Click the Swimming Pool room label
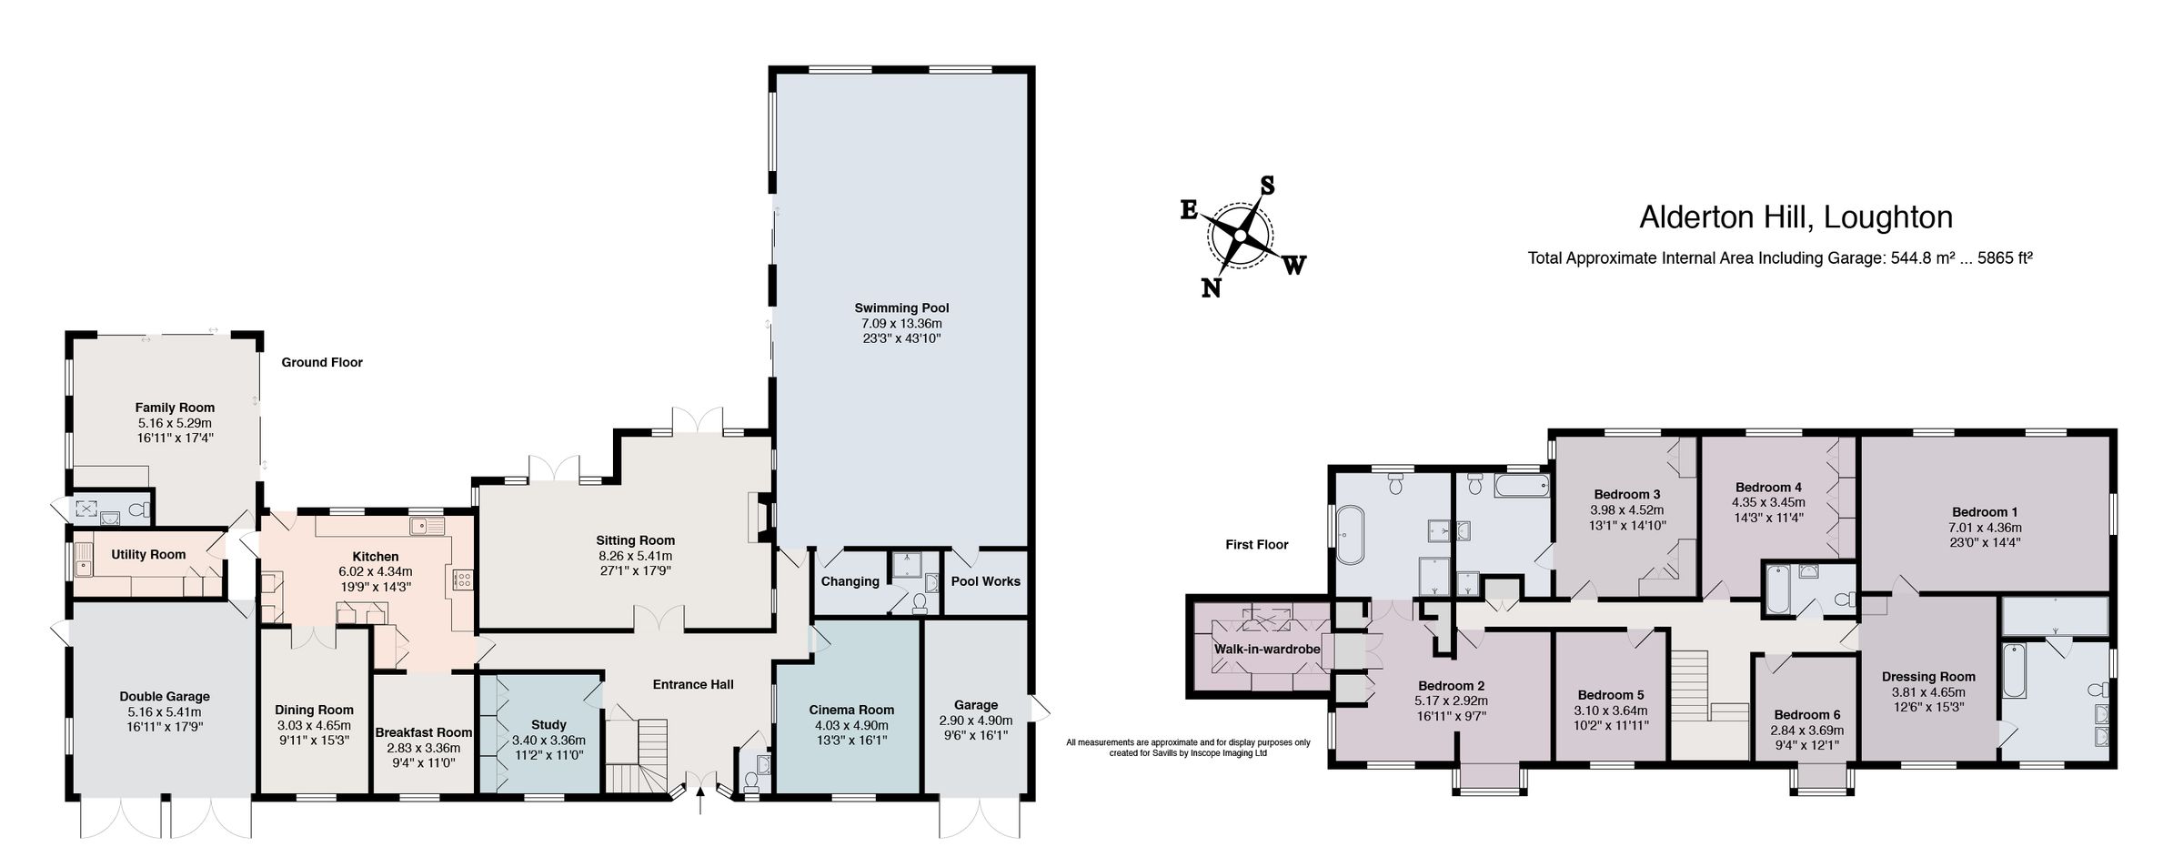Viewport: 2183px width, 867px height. [x=900, y=307]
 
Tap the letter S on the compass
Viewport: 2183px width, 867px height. [x=1266, y=187]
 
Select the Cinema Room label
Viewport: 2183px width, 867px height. [x=850, y=710]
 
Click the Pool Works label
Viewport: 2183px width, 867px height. [x=985, y=581]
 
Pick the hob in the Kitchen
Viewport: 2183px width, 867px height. [x=462, y=580]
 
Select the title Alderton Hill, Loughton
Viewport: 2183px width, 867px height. [x=1796, y=217]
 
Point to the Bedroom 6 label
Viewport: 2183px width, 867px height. [x=1806, y=714]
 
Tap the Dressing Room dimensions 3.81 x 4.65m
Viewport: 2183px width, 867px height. [x=1927, y=691]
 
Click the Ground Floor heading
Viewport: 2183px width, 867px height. [x=321, y=362]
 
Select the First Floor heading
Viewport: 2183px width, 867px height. [x=1256, y=545]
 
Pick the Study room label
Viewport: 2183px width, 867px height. [x=548, y=724]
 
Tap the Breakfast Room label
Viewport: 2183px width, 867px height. [x=423, y=732]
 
